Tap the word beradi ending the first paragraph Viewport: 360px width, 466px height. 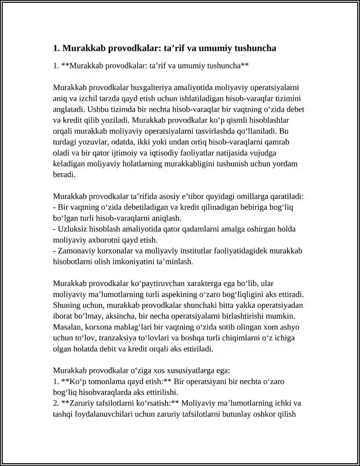(x=64, y=175)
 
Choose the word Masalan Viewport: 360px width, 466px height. (x=67, y=326)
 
